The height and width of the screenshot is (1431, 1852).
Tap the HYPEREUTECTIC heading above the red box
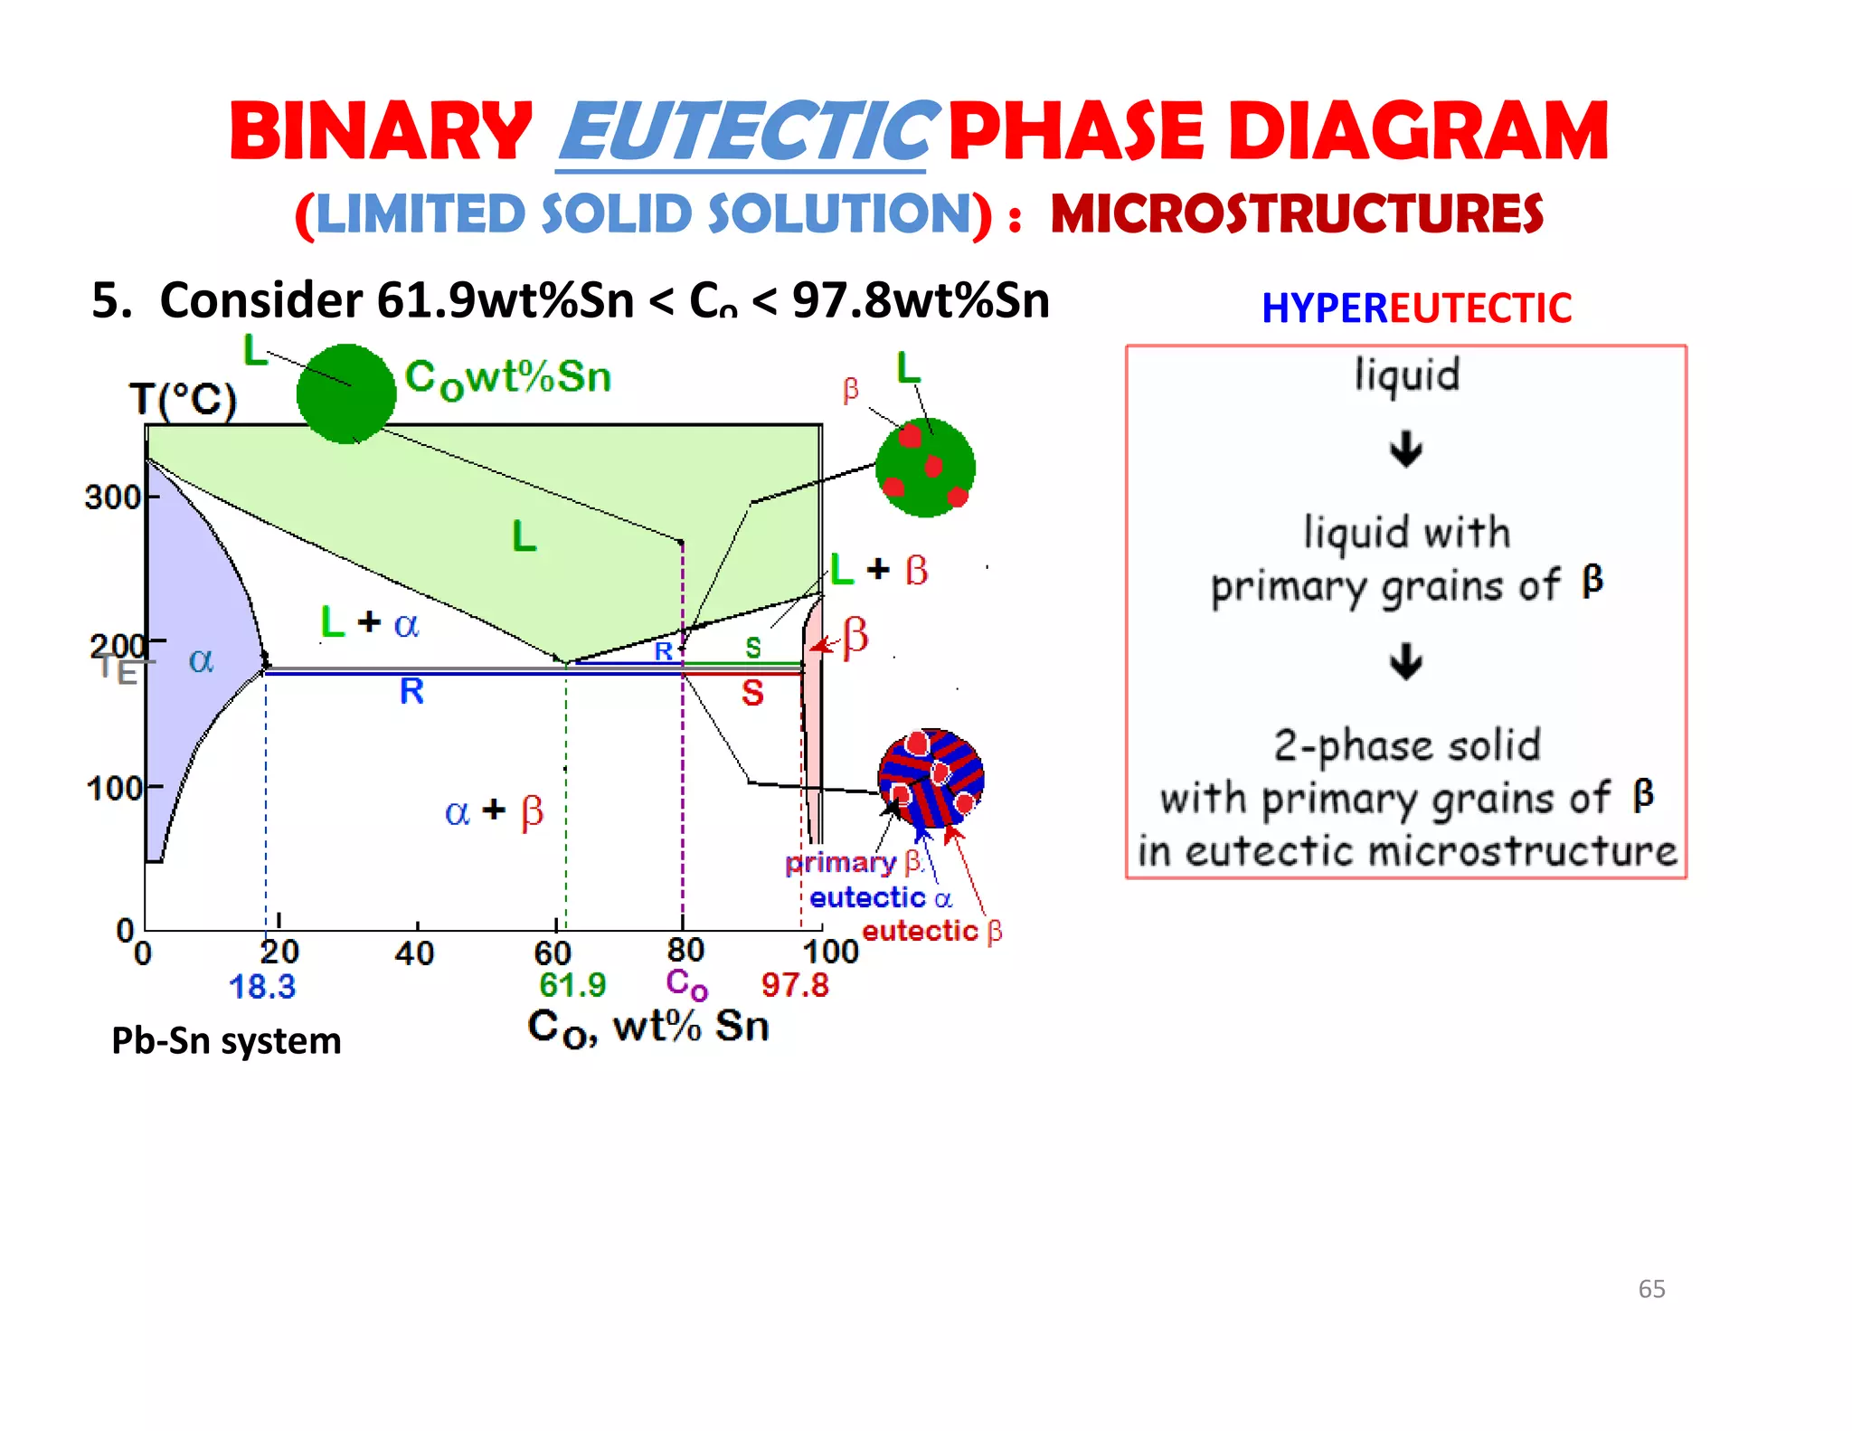tap(1416, 308)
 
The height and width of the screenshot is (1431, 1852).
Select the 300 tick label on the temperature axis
tap(112, 498)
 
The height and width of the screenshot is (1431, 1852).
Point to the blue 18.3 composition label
tap(261, 986)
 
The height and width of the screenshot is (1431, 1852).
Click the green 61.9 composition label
tap(572, 984)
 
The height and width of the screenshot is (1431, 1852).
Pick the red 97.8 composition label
tap(794, 984)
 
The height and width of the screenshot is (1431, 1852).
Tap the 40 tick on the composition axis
tap(414, 953)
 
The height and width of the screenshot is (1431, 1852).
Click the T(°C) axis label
tap(183, 399)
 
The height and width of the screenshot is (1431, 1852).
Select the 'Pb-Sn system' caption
tap(226, 1041)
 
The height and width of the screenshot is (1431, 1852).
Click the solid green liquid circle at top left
tap(346, 394)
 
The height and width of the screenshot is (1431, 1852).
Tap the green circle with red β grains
tap(925, 468)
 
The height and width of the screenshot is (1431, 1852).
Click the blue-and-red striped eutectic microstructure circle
tap(931, 778)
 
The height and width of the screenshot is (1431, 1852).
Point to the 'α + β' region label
tap(494, 811)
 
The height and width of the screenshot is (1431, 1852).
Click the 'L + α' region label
tap(369, 622)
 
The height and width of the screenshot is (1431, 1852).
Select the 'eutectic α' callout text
tap(880, 898)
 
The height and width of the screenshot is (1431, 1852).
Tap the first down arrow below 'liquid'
tap(1405, 450)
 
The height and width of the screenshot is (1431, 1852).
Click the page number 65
tap(1651, 1289)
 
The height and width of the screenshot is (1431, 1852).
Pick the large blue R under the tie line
tap(411, 692)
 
